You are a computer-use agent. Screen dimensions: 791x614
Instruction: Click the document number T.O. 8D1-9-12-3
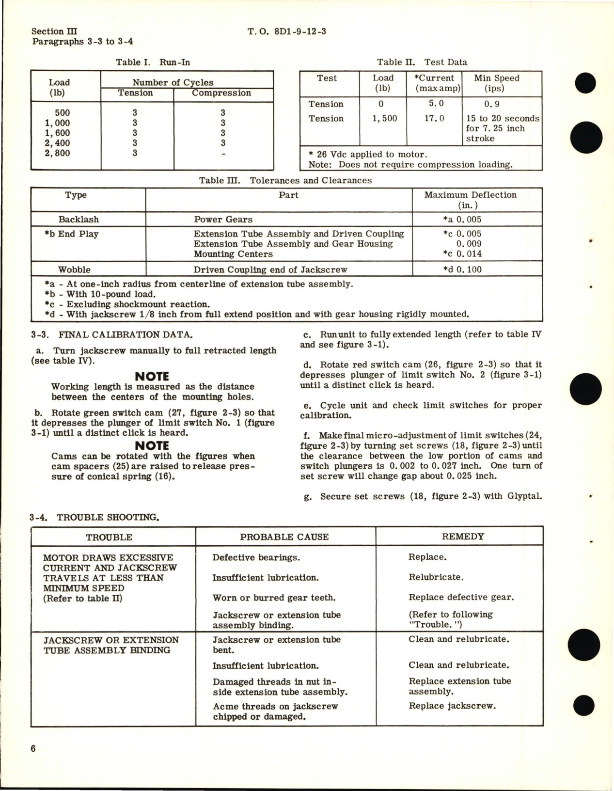pos(286,32)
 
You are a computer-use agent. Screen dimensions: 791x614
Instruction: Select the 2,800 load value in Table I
pos(57,153)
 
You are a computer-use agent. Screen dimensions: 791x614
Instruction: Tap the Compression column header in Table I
pos(221,93)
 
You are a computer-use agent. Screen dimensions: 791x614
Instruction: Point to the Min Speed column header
pos(496,83)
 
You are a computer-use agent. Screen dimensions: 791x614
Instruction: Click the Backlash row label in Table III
pos(79,219)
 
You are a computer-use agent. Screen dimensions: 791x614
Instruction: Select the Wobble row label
pos(74,269)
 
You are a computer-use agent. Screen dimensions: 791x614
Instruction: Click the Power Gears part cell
pos(223,219)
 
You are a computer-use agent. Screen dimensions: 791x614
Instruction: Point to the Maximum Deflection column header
pos(470,200)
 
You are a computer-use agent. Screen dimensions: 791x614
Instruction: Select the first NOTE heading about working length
pos(152,376)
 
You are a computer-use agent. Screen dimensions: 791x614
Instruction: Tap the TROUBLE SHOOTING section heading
pos(107,517)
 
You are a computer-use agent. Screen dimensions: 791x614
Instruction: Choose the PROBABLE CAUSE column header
pos(284,537)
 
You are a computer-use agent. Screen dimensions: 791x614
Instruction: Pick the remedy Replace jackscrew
pos(452,706)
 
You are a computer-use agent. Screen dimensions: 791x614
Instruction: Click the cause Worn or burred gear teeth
pos(274,598)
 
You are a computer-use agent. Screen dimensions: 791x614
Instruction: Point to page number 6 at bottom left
pos(33,748)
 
